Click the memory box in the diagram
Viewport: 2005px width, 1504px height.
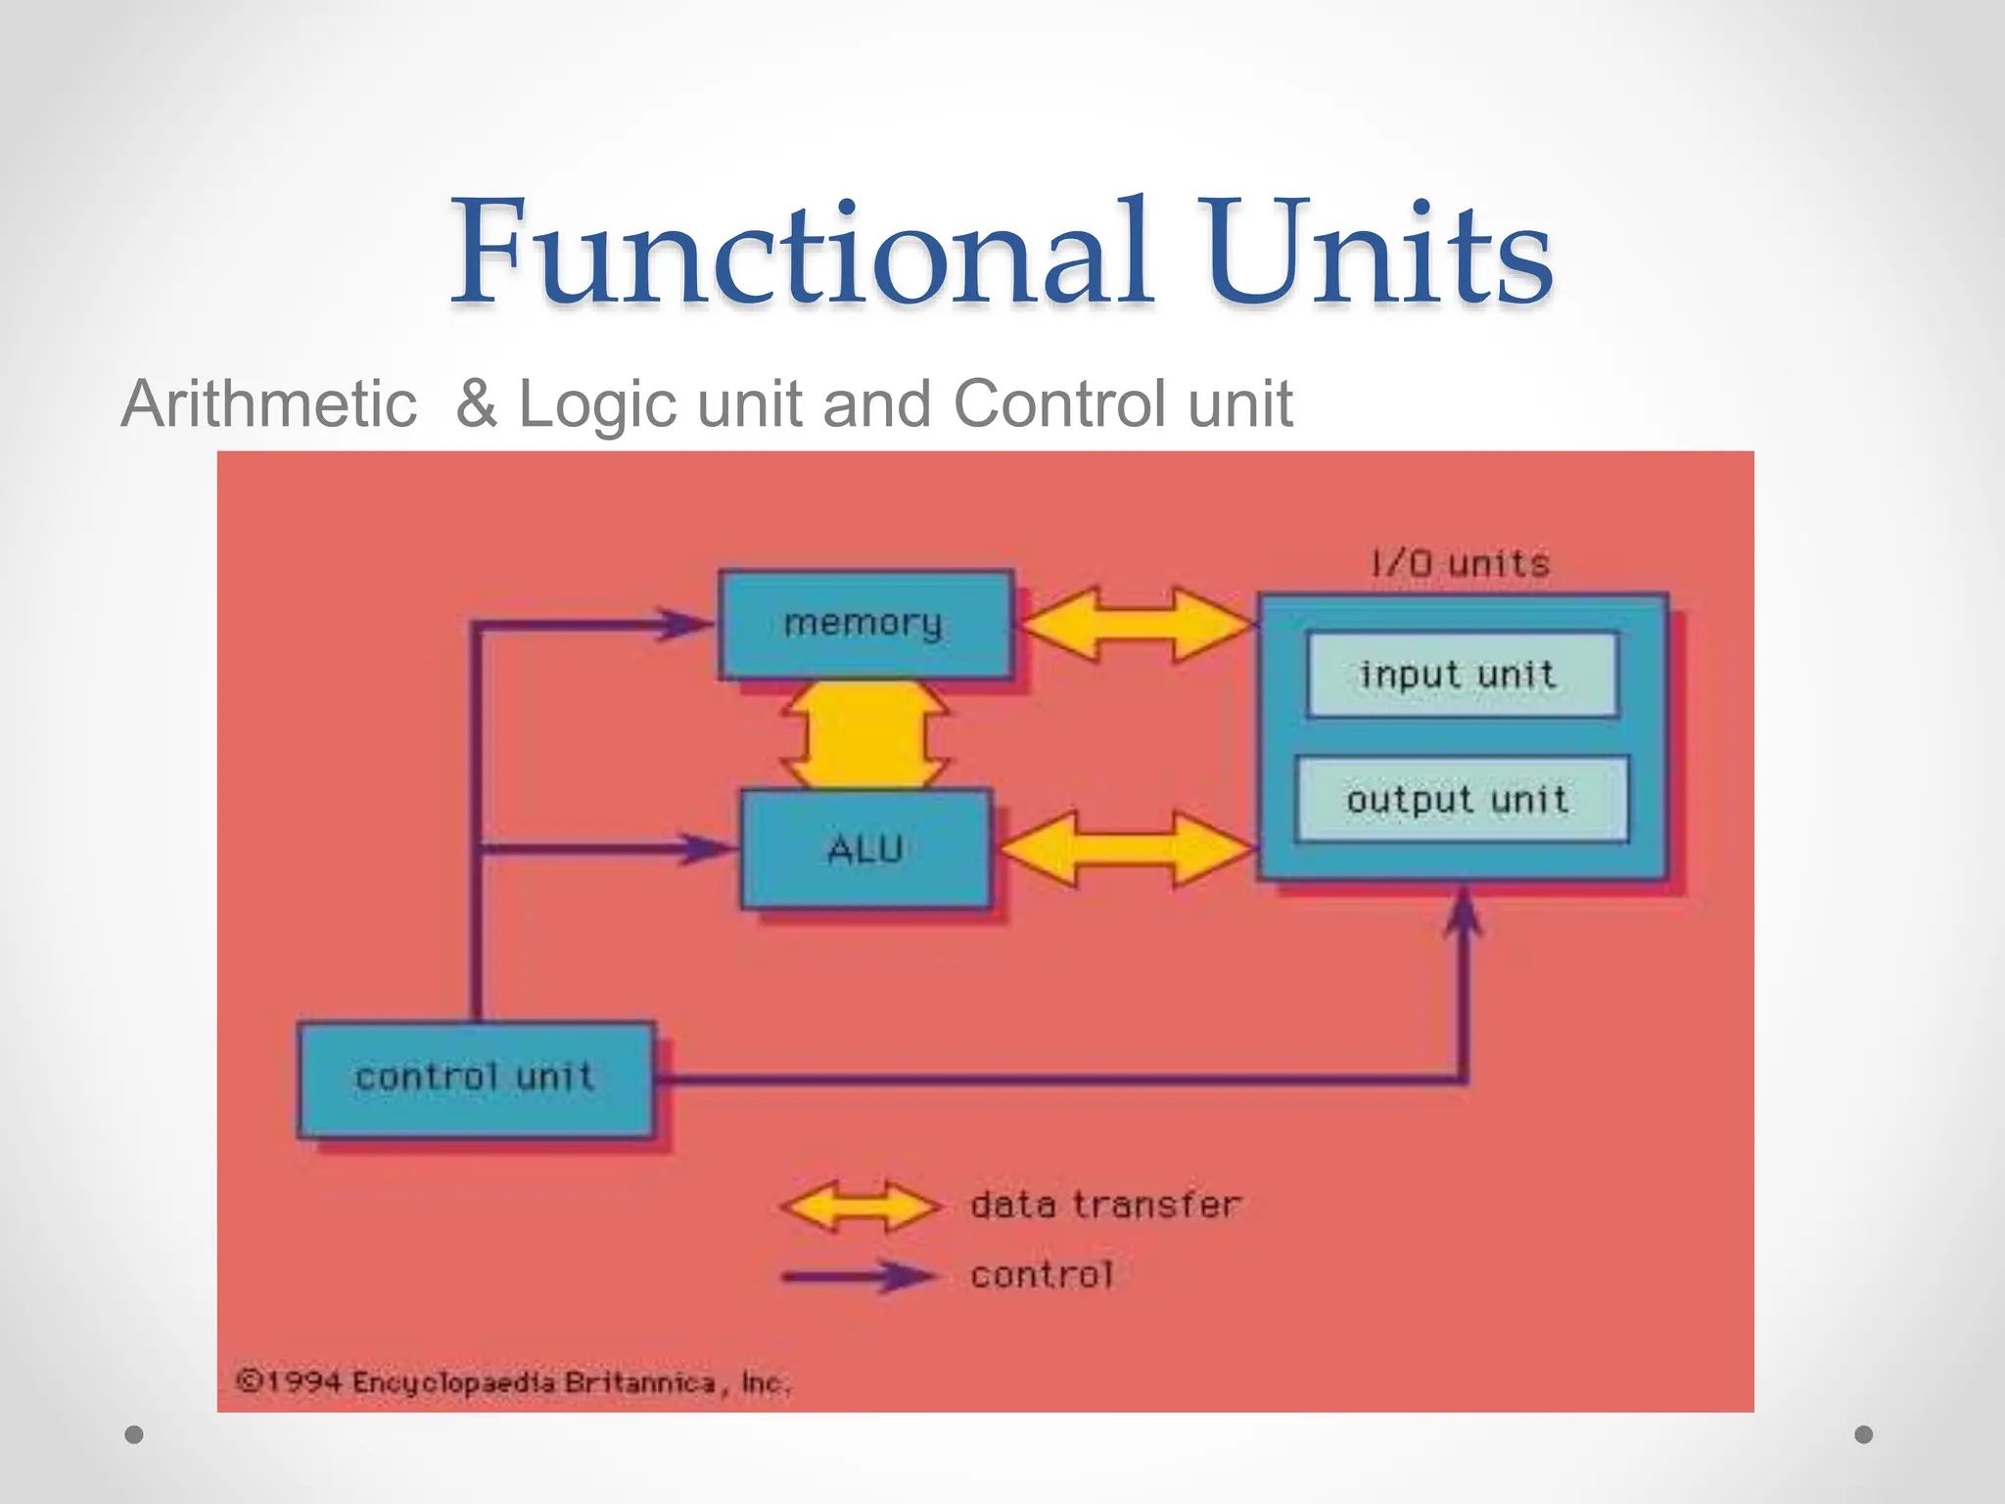click(865, 625)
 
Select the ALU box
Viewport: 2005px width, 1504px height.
click(865, 848)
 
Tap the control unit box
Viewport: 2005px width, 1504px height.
click(476, 1078)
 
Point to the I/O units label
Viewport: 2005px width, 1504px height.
click(1460, 564)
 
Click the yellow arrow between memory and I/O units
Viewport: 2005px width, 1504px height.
click(1137, 625)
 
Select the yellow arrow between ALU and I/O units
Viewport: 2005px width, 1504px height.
click(1126, 848)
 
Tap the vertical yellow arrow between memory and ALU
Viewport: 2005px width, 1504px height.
click(865, 734)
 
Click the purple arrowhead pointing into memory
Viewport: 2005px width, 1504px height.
click(685, 624)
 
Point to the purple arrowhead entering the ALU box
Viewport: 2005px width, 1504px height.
click(710, 848)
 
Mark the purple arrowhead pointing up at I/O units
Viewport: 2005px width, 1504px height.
click(1464, 916)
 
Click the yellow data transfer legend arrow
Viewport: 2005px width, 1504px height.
click(862, 1205)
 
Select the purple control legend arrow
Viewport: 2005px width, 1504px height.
click(862, 1276)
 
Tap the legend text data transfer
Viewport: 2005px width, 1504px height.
click(1105, 1204)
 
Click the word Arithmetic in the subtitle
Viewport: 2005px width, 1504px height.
click(269, 403)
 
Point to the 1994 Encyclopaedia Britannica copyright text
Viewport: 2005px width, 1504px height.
click(513, 1383)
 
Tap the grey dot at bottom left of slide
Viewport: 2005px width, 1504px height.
click(135, 1434)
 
